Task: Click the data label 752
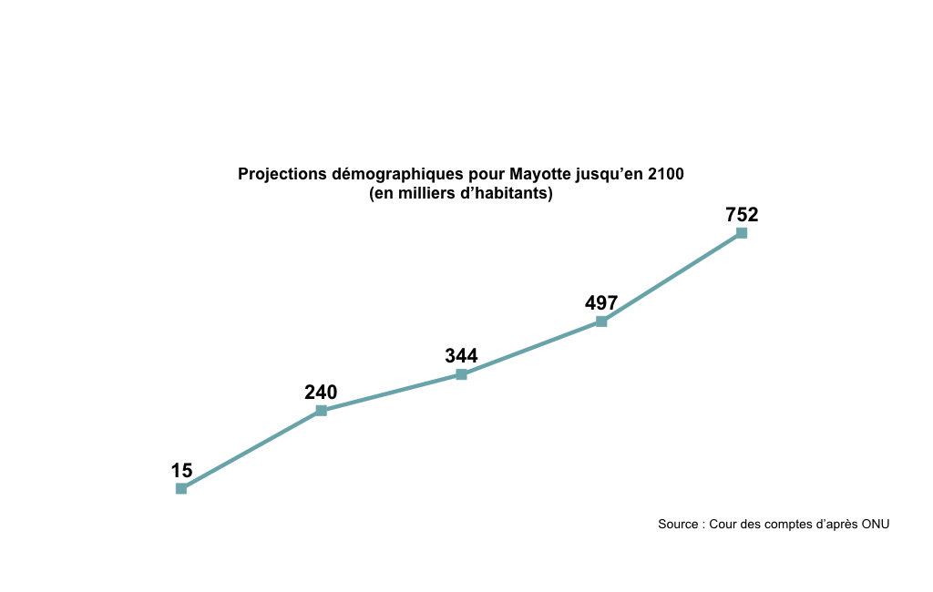(x=742, y=215)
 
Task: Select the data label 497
(x=601, y=303)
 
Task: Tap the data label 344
(x=461, y=356)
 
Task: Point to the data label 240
(x=321, y=393)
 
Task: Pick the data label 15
(x=181, y=471)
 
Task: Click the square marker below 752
(x=742, y=233)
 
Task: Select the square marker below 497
(x=601, y=322)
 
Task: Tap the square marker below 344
(x=461, y=374)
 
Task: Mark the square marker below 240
(x=321, y=411)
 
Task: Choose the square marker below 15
(x=181, y=489)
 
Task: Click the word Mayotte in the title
(x=542, y=174)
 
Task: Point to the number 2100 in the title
(x=666, y=174)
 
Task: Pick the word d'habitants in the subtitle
(x=508, y=194)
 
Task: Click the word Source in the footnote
(x=678, y=525)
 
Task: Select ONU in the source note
(x=875, y=525)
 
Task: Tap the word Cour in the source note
(x=724, y=525)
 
